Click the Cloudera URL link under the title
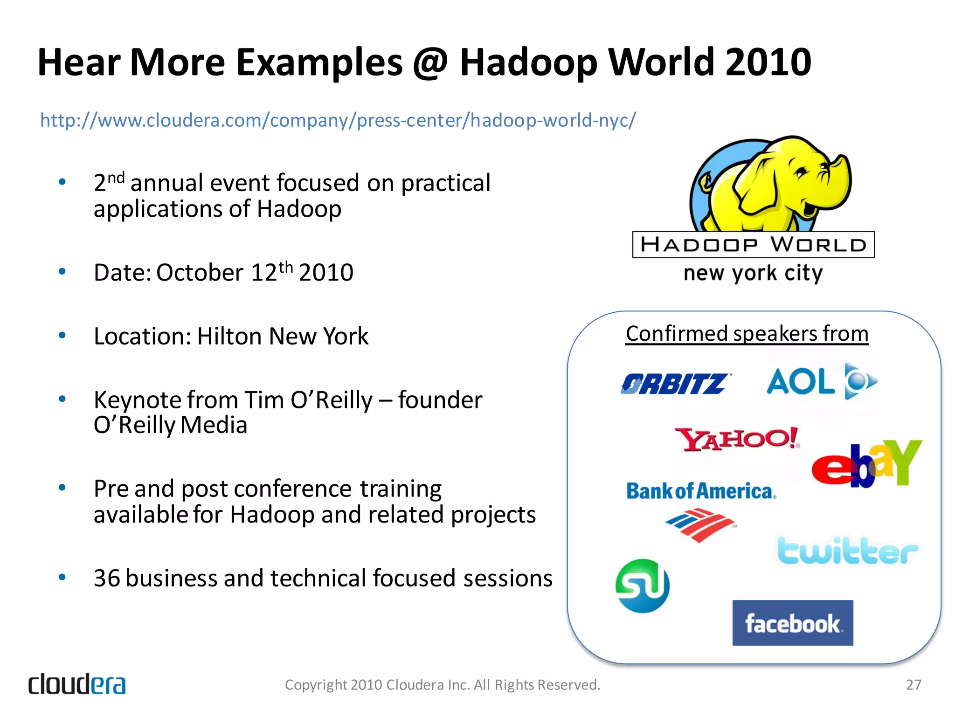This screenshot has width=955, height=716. tap(338, 120)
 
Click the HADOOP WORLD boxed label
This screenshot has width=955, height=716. tap(753, 245)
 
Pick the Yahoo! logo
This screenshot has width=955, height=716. tap(737, 439)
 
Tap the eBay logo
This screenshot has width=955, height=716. tap(866, 463)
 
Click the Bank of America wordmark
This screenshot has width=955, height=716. tap(701, 491)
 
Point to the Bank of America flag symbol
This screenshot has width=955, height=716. tap(700, 525)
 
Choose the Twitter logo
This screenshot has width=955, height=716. tap(846, 551)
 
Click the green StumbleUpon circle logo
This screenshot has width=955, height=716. tap(643, 586)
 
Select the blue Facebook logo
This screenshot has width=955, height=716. tap(792, 623)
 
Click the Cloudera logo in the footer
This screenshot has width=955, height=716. tap(77, 684)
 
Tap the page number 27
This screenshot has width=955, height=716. tap(913, 685)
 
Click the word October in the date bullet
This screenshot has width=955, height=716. tap(200, 273)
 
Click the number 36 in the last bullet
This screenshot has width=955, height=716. tap(107, 578)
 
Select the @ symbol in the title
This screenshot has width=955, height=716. tap(430, 63)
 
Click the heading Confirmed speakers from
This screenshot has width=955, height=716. tap(747, 334)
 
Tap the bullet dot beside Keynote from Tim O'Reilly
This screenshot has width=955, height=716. tap(62, 399)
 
